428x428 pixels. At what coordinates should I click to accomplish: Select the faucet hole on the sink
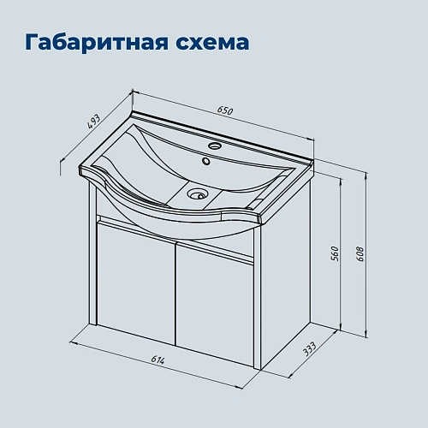pos(209,158)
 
